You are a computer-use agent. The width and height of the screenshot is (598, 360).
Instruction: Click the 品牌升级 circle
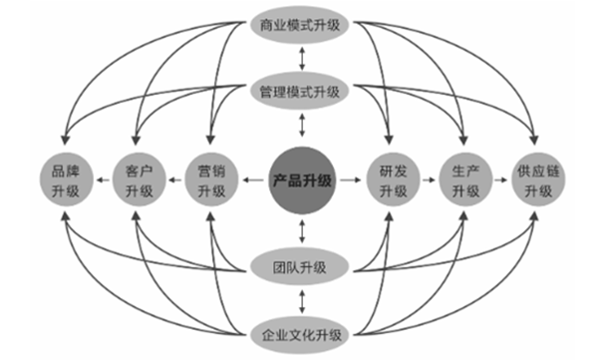tap(68, 180)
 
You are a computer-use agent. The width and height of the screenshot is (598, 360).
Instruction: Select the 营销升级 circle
tap(212, 180)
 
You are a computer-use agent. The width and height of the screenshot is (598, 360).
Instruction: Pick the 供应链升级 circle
tap(534, 180)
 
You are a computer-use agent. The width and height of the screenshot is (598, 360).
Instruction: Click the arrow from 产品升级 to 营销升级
tap(251, 180)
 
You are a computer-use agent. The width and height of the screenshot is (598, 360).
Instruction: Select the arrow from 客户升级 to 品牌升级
tap(104, 180)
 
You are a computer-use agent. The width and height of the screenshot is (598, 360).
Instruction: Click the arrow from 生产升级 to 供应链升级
tap(498, 180)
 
